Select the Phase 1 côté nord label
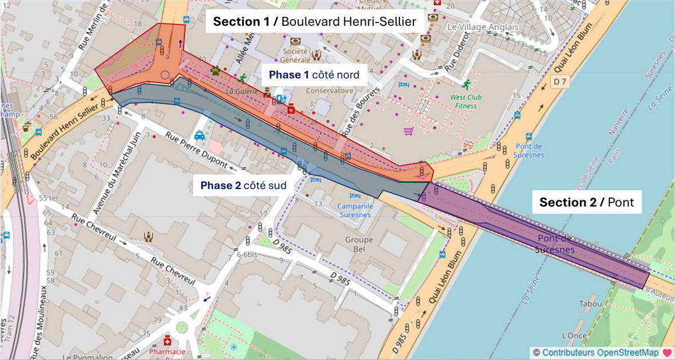(x=314, y=75)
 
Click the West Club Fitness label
(x=463, y=101)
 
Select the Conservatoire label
(x=330, y=91)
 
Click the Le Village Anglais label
(x=475, y=26)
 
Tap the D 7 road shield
(x=559, y=82)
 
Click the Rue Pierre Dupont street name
(x=197, y=150)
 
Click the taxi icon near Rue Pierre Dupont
(x=200, y=135)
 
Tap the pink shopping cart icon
(x=408, y=131)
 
